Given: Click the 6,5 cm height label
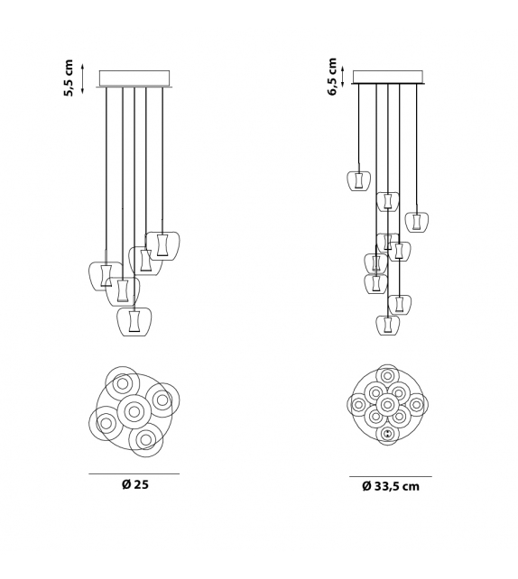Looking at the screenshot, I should pyautogui.click(x=333, y=78).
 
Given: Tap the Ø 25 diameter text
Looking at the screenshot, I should pyautogui.click(x=134, y=484).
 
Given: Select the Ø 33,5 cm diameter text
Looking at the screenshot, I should pyautogui.click(x=391, y=486).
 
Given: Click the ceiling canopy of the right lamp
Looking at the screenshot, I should pyautogui.click(x=391, y=76).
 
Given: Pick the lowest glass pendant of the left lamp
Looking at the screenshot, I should pyautogui.click(x=134, y=323).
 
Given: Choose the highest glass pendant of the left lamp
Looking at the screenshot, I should pyautogui.click(x=162, y=243).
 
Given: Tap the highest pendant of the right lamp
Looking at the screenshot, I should pyautogui.click(x=359, y=180).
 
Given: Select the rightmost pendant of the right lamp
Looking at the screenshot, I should pyautogui.click(x=415, y=221).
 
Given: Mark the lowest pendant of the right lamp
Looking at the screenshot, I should pyautogui.click(x=387, y=325).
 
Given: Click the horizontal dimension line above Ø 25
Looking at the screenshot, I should pyautogui.click(x=134, y=473).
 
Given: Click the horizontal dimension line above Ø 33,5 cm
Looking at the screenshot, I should pyautogui.click(x=391, y=476).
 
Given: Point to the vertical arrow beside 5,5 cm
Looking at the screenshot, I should pyautogui.click(x=84, y=79).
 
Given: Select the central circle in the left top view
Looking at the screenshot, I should pyautogui.click(x=134, y=410).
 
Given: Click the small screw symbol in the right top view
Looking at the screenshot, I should pyautogui.click(x=388, y=435).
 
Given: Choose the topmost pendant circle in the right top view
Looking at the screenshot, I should pyautogui.click(x=388, y=376).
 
